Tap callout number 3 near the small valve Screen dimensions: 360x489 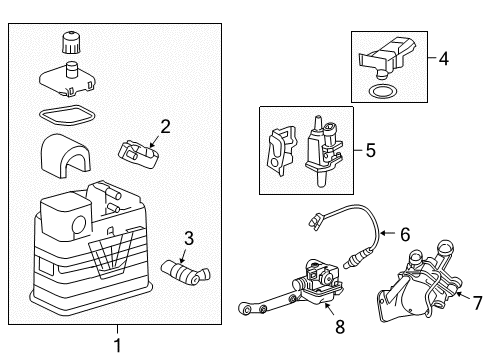pyautogui.click(x=187, y=237)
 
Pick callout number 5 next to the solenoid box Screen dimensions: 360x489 pyautogui.click(x=370, y=151)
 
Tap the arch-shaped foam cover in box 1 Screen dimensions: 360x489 pyautogui.click(x=66, y=153)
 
